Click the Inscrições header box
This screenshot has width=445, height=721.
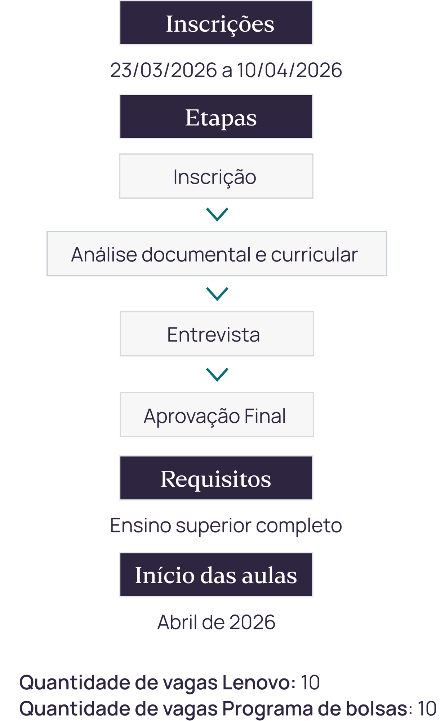tap(216, 23)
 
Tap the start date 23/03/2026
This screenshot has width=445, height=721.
tap(164, 70)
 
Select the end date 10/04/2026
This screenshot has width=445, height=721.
tap(289, 70)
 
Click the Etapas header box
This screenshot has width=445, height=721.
tap(216, 116)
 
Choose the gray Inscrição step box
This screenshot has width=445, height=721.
tap(216, 176)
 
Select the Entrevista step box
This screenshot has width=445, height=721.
tap(217, 334)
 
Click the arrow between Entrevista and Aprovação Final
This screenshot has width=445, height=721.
tap(217, 375)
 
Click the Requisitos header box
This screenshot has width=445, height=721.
tap(216, 478)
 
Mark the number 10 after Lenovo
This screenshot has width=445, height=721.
tap(310, 683)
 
